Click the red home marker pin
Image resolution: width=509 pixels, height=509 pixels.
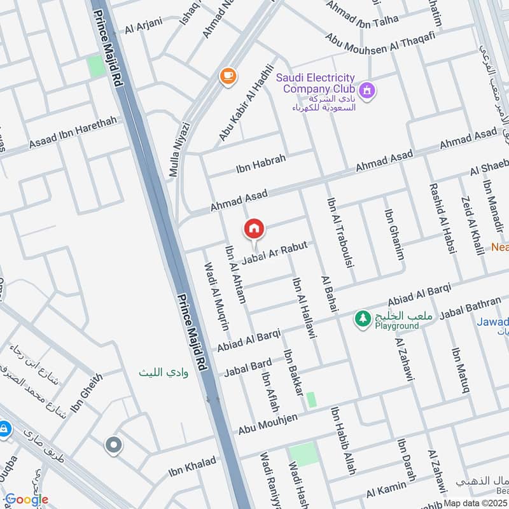pyautogui.click(x=254, y=228)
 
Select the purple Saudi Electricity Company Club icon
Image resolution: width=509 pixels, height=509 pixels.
pyautogui.click(x=366, y=91)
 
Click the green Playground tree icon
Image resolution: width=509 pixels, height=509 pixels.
pyautogui.click(x=363, y=317)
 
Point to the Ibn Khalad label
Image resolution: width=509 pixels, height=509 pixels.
pyautogui.click(x=192, y=466)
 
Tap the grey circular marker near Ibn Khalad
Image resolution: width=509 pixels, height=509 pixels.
pyautogui.click(x=114, y=445)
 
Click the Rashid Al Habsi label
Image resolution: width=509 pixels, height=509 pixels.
pyautogui.click(x=443, y=219)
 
